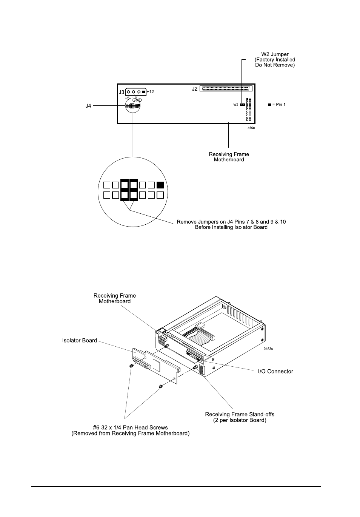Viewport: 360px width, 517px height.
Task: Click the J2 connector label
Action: [x=194, y=89]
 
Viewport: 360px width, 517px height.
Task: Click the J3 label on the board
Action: [x=122, y=92]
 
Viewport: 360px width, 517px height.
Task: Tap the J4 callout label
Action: [x=88, y=106]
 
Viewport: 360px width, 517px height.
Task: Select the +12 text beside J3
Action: [x=150, y=92]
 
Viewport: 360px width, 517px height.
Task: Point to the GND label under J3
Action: [x=137, y=100]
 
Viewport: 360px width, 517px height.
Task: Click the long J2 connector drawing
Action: [x=226, y=88]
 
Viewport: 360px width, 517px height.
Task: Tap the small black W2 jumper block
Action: [x=242, y=105]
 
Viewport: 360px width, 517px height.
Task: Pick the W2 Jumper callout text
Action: [x=275, y=60]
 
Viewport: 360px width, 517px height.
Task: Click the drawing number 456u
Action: [x=251, y=128]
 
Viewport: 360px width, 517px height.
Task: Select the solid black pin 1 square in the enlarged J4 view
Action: [x=160, y=185]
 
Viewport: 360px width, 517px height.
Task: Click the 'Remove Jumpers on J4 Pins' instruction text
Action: [x=231, y=224]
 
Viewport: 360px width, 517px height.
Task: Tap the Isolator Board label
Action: [x=80, y=340]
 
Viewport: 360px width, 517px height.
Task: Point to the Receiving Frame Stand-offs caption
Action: [x=240, y=417]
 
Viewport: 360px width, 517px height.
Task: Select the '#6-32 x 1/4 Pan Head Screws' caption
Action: [x=131, y=431]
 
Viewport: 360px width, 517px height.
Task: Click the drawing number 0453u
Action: [x=268, y=349]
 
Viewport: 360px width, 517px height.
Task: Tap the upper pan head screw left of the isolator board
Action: [x=131, y=366]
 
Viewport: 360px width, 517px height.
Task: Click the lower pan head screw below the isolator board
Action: [x=160, y=386]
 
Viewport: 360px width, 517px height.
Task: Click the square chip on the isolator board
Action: [x=157, y=364]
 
